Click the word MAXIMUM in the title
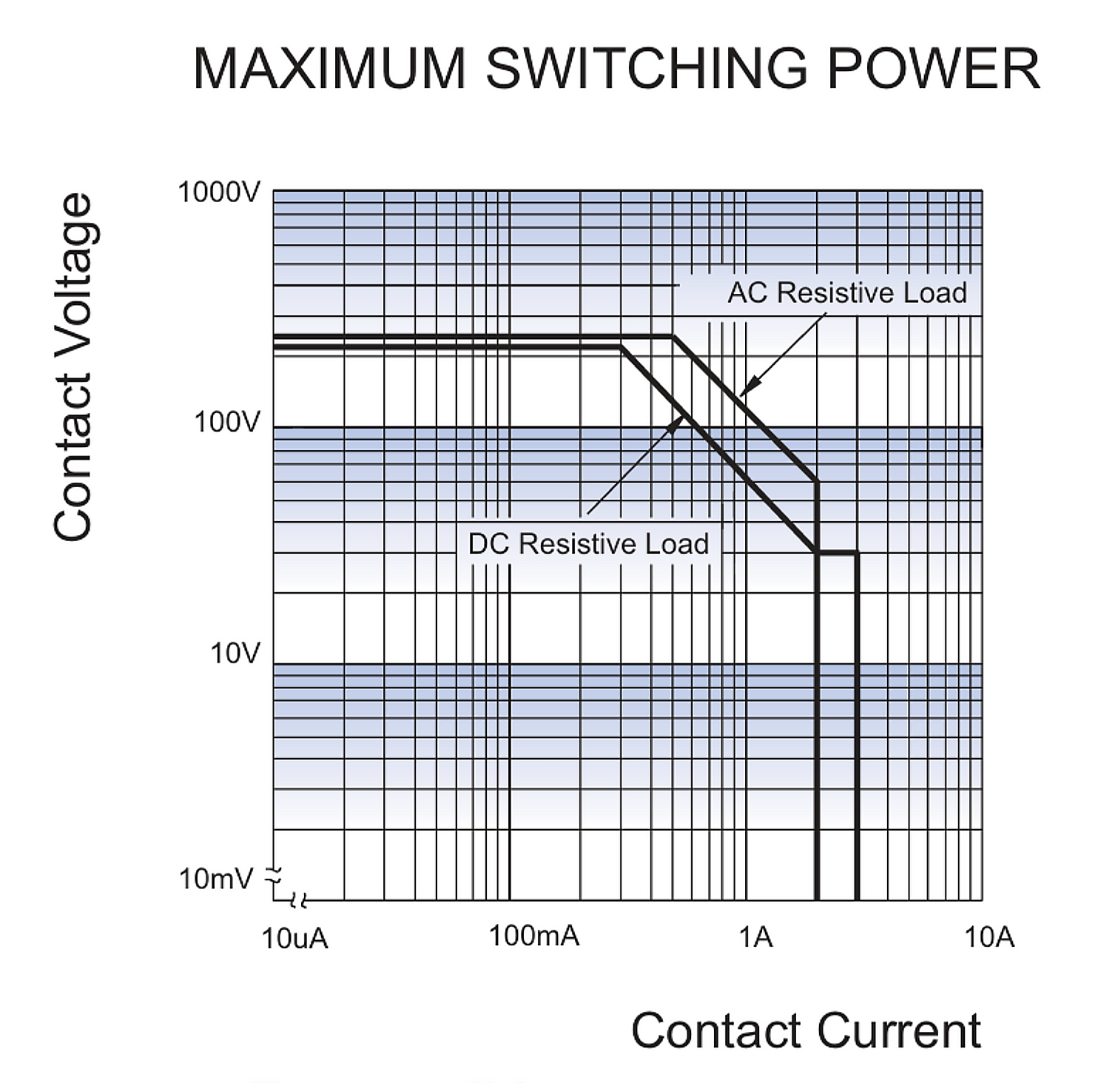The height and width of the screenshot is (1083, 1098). tap(329, 69)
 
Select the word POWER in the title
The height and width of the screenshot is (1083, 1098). tap(933, 69)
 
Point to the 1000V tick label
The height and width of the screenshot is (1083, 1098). tap(219, 192)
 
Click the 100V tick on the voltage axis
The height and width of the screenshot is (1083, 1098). tap(227, 423)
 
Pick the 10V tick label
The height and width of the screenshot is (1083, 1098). tap(235, 654)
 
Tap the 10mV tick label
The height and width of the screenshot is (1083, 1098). tap(216, 879)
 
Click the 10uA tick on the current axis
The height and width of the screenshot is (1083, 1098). tap(294, 938)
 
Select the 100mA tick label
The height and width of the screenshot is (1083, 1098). tap(533, 936)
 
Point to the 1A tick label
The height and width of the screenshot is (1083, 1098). tap(755, 937)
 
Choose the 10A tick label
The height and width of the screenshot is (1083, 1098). tap(989, 937)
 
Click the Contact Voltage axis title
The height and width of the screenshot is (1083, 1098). tap(73, 367)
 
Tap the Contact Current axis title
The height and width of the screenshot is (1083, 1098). tap(806, 1030)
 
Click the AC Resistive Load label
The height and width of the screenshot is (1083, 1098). tap(846, 293)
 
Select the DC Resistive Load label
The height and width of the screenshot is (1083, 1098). tap(588, 544)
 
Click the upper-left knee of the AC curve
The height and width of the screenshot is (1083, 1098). tap(672, 337)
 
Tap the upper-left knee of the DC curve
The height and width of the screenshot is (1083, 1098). tap(621, 346)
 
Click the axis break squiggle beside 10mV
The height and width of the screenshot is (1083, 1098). tap(274, 876)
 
